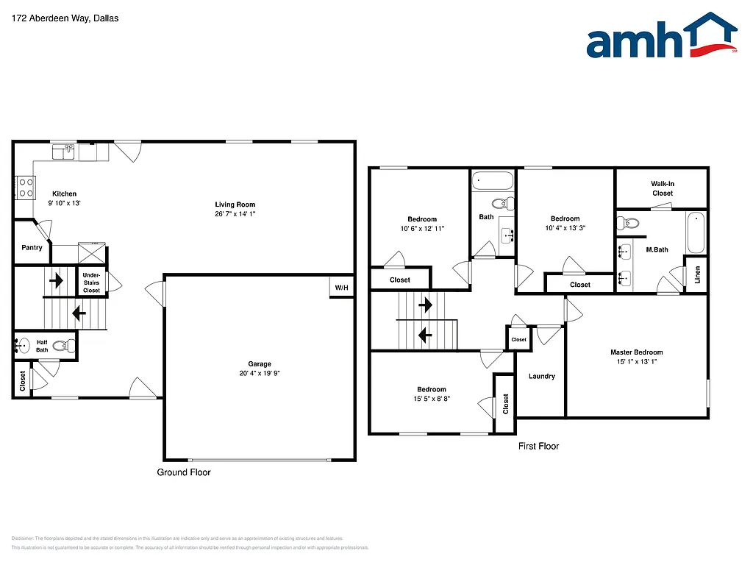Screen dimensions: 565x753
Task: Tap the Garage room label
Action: click(259, 364)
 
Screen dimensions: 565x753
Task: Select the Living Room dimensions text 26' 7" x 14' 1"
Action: click(235, 214)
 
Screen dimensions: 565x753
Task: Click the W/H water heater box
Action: click(342, 287)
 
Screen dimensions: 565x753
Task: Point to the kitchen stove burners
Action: click(25, 188)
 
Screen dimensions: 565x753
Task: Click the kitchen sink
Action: click(63, 152)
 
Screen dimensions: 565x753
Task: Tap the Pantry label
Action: click(32, 248)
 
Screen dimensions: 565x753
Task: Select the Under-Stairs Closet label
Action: click(92, 282)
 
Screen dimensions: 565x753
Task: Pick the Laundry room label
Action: click(542, 377)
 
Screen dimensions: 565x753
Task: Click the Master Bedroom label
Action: click(637, 352)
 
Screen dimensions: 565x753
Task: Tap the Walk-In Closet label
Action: click(662, 188)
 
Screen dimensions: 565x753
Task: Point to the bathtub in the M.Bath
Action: click(695, 232)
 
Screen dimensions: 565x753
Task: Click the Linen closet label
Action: click(698, 275)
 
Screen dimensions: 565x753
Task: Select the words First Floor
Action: click(538, 446)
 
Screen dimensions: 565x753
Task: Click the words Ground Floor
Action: click(184, 472)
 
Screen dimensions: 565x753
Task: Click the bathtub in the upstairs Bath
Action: click(493, 180)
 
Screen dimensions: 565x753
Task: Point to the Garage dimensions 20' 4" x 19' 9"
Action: click(259, 373)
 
